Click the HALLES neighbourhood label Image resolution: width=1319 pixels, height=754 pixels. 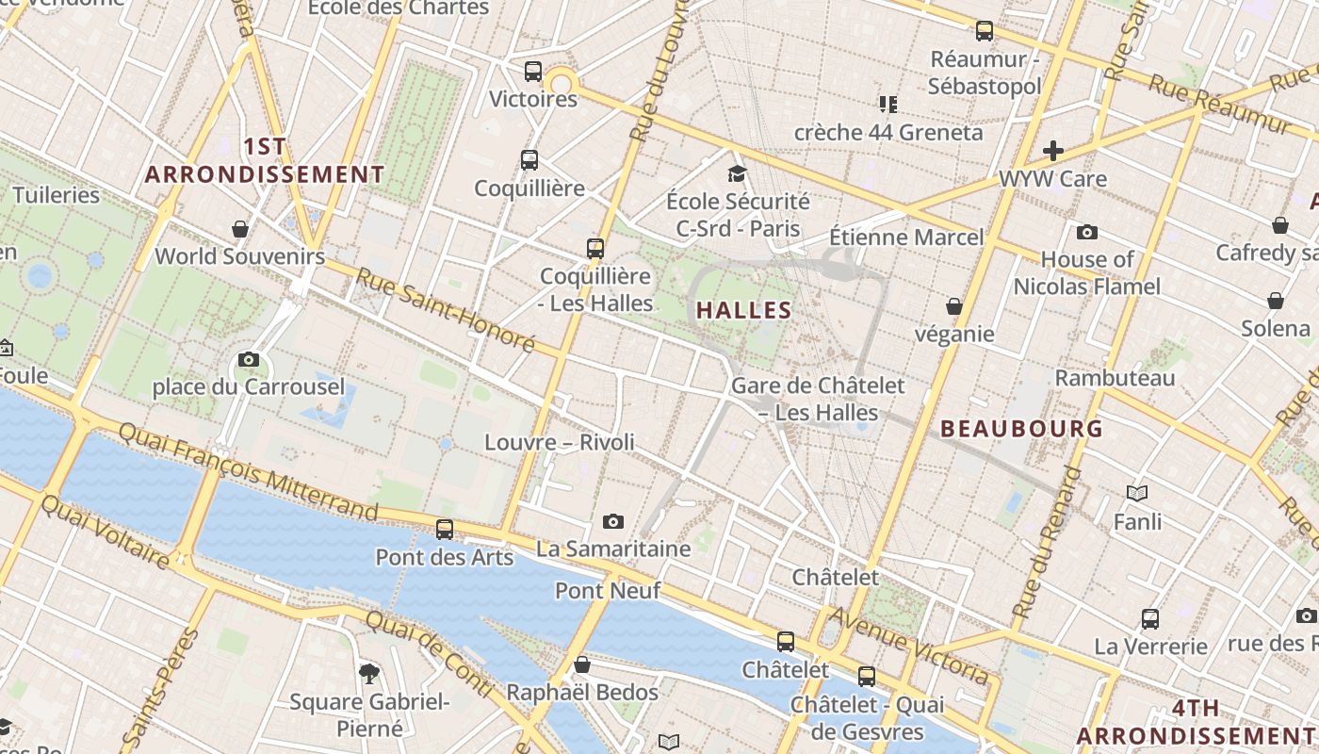[x=743, y=310]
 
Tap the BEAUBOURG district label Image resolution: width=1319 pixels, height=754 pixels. [x=1021, y=429]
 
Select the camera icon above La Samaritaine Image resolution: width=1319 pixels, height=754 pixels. [x=613, y=521]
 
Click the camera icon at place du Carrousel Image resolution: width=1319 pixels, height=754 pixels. [x=249, y=359]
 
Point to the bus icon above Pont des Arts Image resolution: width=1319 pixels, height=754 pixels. [x=445, y=529]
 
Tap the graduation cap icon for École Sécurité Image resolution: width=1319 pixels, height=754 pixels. [x=737, y=173]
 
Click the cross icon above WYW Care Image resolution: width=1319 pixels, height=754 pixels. [x=1052, y=150]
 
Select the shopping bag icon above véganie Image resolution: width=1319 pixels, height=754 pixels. [x=954, y=306]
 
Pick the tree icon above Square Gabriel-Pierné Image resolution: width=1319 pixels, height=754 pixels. [x=369, y=673]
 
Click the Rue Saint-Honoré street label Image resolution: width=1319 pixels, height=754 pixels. [x=446, y=310]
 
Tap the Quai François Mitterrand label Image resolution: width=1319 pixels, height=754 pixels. [x=249, y=471]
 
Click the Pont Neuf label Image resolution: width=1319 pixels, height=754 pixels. [x=608, y=591]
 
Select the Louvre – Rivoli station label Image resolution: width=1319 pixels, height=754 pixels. [x=560, y=442]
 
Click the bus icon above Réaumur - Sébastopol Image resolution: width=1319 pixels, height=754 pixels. [x=985, y=31]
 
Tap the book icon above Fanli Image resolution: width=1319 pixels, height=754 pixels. [x=1137, y=493]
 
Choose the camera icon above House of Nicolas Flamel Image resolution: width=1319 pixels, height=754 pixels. [x=1086, y=232]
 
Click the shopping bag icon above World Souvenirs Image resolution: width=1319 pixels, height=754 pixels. [x=240, y=229]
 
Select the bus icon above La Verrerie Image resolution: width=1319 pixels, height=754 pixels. [x=1150, y=619]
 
